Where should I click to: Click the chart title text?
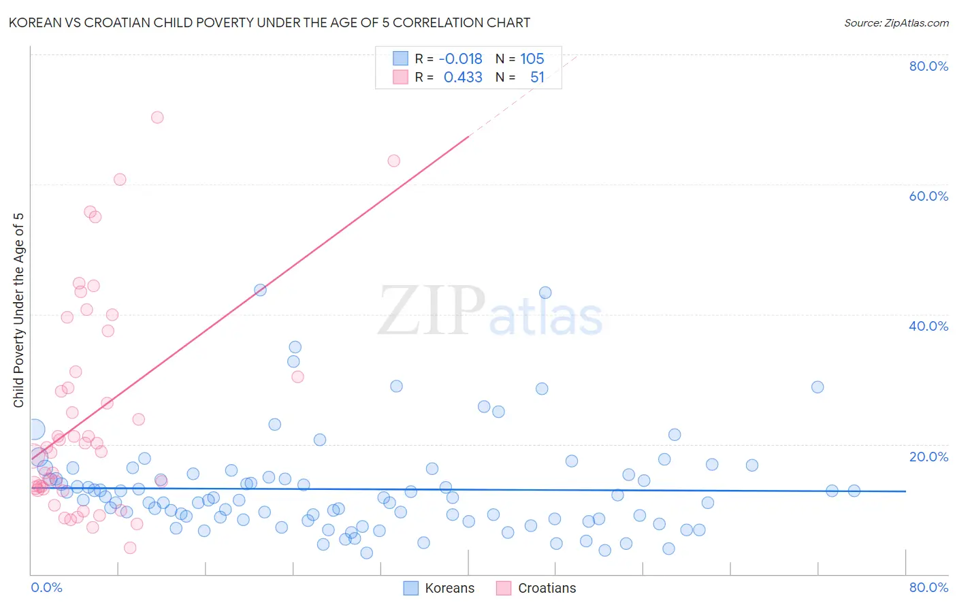[x=270, y=22]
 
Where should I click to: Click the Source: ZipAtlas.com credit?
[x=896, y=22]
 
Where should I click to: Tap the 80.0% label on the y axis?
[x=928, y=66]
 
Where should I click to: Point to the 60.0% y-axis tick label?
[x=928, y=196]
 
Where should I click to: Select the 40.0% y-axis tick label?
[x=928, y=326]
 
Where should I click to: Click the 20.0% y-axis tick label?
[x=928, y=457]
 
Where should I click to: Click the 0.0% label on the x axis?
[x=46, y=587]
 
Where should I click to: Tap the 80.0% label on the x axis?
[x=928, y=587]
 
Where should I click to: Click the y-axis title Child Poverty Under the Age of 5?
[x=19, y=310]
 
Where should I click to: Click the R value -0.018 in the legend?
[x=460, y=59]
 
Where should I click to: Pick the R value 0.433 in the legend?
[x=463, y=78]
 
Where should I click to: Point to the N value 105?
[x=532, y=59]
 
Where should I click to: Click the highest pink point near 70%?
[x=157, y=117]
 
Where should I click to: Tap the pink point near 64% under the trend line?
[x=393, y=161]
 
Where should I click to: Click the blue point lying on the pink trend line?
[x=260, y=290]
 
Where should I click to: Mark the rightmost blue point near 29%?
[x=817, y=387]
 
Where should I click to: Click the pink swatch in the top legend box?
[x=400, y=77]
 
